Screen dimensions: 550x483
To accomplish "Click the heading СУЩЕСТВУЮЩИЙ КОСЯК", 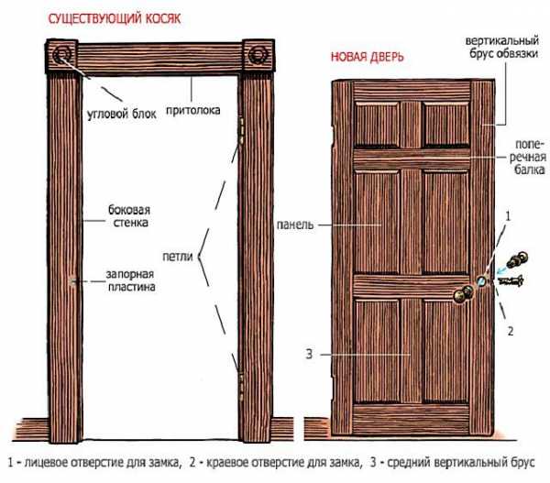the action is click(115, 18).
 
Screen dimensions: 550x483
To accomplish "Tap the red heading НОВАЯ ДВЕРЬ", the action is click(368, 57).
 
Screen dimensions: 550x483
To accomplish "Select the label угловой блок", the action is click(121, 115).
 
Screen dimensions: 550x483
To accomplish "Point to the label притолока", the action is click(192, 111).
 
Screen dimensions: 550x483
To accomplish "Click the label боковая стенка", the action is click(129, 216).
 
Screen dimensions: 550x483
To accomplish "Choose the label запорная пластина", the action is click(130, 280).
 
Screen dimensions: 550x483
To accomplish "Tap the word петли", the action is click(178, 257).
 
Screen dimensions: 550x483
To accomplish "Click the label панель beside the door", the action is click(295, 225).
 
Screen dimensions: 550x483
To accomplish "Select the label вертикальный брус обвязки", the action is click(502, 47).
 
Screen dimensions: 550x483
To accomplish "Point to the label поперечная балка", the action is click(528, 157).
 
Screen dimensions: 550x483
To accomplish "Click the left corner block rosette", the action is click(62, 55).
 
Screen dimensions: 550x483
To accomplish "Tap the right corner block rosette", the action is click(258, 55).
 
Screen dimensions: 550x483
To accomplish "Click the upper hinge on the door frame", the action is click(241, 130).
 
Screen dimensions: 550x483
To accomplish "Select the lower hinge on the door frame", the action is click(241, 386).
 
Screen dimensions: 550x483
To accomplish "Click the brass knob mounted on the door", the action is click(463, 294).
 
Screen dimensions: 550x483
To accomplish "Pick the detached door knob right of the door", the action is click(517, 259).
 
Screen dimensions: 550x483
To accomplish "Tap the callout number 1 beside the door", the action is click(508, 216).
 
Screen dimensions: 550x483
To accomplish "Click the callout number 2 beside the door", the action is click(511, 331).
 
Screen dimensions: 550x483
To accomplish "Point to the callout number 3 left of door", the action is click(309, 355).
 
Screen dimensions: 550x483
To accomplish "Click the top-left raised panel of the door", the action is click(377, 124).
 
